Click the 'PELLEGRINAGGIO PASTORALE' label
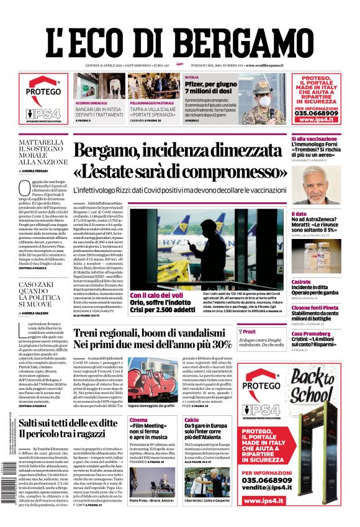(x=154, y=102)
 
